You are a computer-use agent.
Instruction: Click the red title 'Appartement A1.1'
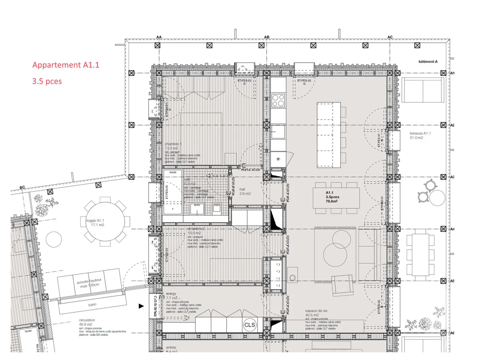click(x=66, y=65)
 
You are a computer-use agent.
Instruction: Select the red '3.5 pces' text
click(x=47, y=81)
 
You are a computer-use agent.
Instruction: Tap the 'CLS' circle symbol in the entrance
click(x=250, y=325)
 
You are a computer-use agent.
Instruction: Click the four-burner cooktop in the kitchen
click(x=278, y=100)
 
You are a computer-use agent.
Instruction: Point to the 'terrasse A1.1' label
click(x=420, y=133)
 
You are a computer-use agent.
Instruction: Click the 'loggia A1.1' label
click(x=95, y=220)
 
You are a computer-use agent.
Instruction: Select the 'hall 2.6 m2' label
click(x=245, y=191)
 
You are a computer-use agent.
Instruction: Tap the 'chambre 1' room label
click(x=173, y=144)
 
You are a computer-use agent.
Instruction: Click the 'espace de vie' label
click(x=316, y=311)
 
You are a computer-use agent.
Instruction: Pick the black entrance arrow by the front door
click(x=141, y=306)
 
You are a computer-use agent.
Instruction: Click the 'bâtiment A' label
click(x=428, y=62)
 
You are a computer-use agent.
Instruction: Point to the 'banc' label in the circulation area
click(x=92, y=305)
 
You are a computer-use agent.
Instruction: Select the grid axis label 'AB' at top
click(x=267, y=37)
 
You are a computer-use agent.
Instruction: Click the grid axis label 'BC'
click(x=22, y=187)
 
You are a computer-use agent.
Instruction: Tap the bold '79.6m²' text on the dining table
click(x=332, y=201)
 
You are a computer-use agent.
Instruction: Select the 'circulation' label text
click(x=87, y=320)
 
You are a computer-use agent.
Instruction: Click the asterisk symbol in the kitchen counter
click(x=278, y=159)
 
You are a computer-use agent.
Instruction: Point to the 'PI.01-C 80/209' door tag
click(x=251, y=170)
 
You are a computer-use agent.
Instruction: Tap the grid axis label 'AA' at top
click(x=159, y=37)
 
